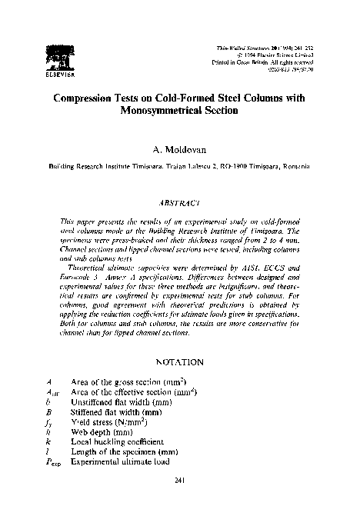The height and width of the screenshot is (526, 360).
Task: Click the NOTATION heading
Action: point(178,361)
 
